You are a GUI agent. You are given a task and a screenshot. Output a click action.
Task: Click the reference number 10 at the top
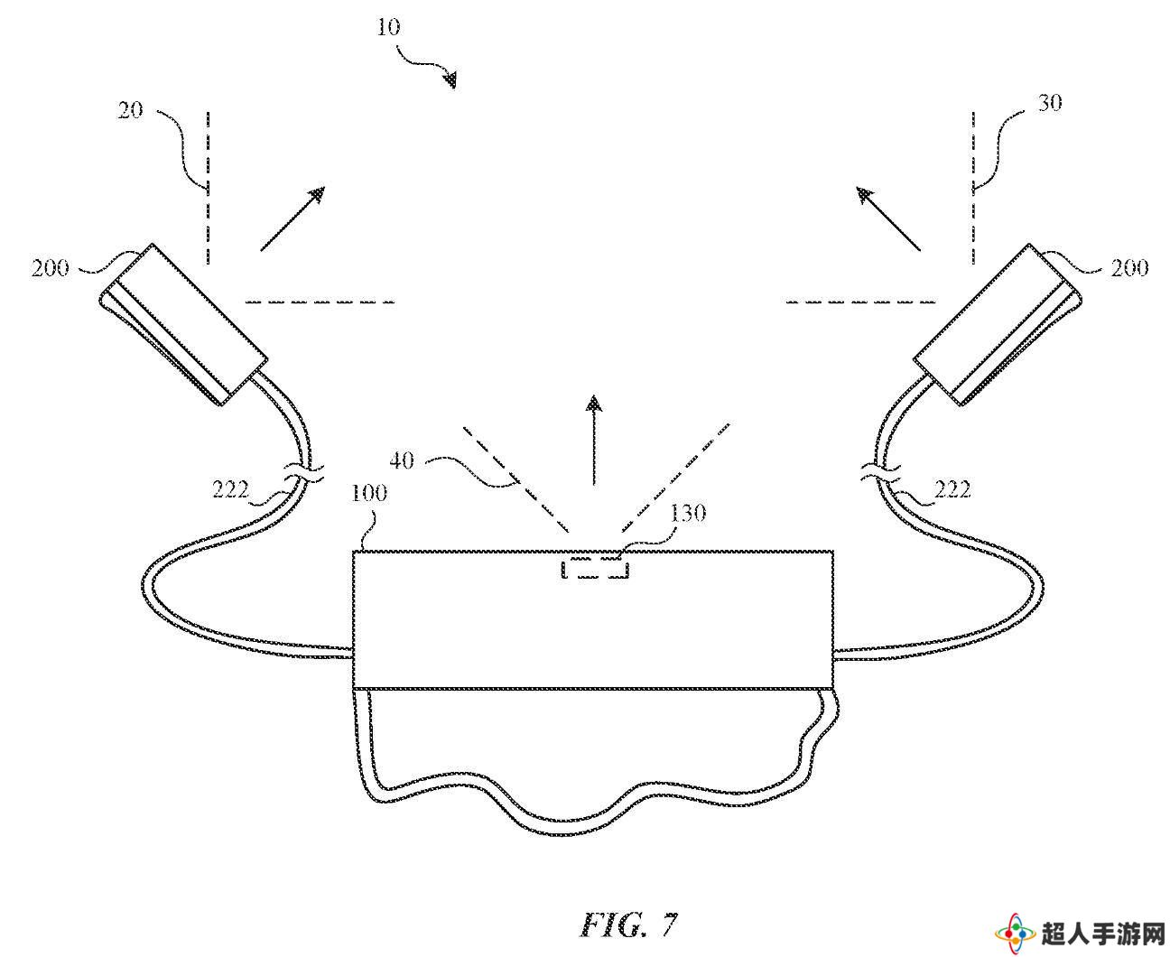[x=388, y=26]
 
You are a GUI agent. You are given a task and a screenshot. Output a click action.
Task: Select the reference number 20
[x=130, y=110]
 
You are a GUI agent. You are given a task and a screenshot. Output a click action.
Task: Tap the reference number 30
[x=1049, y=103]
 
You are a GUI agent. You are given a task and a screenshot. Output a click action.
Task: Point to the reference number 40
[x=401, y=460]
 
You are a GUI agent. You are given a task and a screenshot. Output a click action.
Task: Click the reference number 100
[x=369, y=493]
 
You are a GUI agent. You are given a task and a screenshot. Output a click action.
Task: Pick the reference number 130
[x=687, y=513]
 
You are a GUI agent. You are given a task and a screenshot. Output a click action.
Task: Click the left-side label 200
[x=50, y=268]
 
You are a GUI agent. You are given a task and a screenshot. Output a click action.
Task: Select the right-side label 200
[x=1129, y=268]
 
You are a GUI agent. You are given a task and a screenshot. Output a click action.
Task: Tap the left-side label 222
[x=230, y=489]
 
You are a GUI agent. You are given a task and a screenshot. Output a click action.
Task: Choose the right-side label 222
[x=952, y=489]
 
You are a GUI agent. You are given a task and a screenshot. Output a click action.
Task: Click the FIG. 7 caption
[x=628, y=924]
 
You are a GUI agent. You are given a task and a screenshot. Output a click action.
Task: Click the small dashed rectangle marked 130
[x=595, y=569]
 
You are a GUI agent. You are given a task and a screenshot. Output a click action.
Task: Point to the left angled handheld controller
[x=183, y=324]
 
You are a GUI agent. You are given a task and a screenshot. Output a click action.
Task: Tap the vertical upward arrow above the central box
[x=594, y=440]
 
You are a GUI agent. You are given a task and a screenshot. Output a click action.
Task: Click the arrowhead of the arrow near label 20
[x=317, y=195]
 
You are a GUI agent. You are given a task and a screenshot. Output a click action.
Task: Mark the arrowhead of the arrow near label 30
[x=864, y=195]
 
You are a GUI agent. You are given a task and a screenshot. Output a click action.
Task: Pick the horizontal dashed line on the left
[x=320, y=302]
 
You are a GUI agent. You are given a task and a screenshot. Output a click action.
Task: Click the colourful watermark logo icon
[x=1015, y=934]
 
